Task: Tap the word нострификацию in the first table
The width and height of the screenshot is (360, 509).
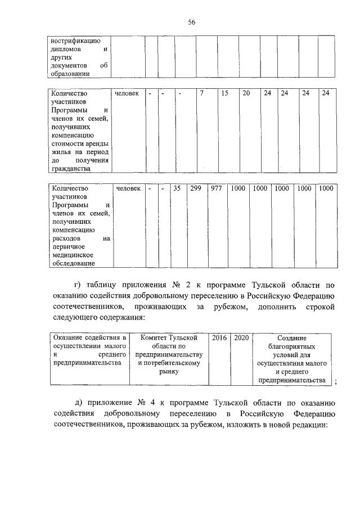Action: pos(75,40)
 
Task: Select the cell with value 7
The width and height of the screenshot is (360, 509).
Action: pos(201,93)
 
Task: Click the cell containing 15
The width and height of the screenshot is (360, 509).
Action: pos(224,93)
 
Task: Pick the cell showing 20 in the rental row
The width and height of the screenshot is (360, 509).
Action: pos(246,93)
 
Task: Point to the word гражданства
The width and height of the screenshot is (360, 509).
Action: pos(70,168)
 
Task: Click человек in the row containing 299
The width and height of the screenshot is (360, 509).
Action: pos(128,189)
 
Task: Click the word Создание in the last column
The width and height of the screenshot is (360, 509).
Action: pos(292,338)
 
